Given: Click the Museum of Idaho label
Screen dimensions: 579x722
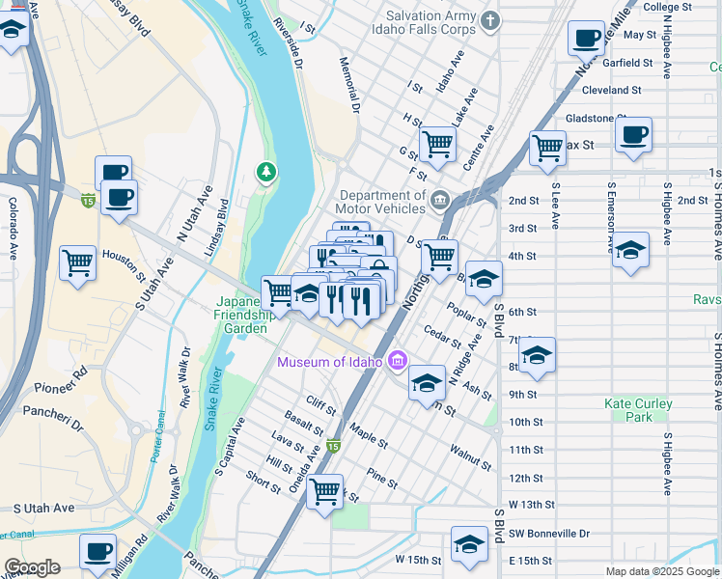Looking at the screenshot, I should (x=331, y=363).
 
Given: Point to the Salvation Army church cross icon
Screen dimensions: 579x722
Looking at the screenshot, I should (x=490, y=20).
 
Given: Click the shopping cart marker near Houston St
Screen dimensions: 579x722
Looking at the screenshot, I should (x=77, y=262).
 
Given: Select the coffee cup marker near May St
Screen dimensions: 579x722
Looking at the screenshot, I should (x=586, y=39).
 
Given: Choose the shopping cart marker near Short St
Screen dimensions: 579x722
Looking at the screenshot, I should (x=325, y=491).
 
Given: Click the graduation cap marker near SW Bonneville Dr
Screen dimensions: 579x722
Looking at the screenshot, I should (x=469, y=543).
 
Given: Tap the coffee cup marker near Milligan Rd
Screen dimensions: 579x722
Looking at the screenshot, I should (x=97, y=552).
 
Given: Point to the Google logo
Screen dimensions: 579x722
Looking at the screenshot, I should (x=32, y=567).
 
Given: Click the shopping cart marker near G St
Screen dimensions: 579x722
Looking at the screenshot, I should (x=437, y=145).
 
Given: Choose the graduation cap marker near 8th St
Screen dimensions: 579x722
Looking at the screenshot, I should (x=538, y=357).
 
